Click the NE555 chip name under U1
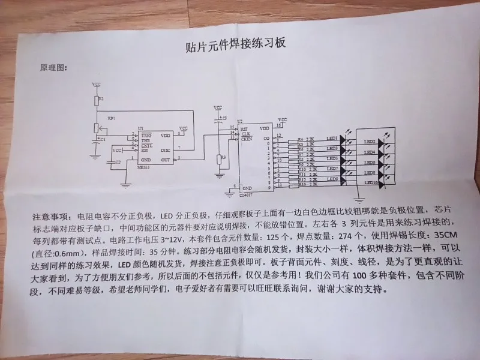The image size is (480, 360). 143,169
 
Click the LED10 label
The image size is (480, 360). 371,182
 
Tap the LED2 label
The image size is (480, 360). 371,142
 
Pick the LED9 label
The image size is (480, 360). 332,179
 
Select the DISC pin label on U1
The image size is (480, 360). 164,150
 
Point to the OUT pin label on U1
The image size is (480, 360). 165,160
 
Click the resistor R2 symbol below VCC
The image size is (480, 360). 96,99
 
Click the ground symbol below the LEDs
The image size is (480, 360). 358,193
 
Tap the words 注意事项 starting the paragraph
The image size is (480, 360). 51,215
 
